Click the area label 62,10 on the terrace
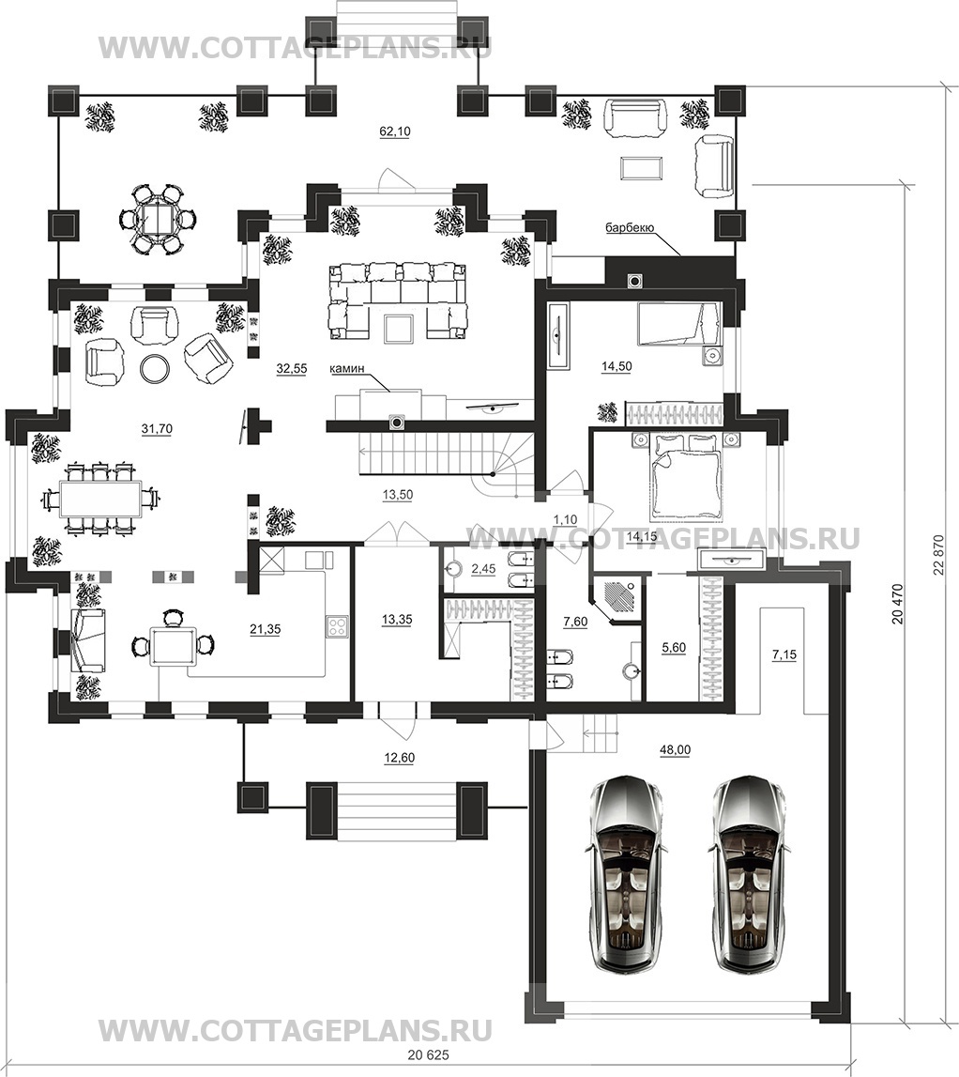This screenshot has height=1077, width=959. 394,131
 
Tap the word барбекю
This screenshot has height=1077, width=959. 630,227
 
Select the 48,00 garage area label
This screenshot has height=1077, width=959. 675,750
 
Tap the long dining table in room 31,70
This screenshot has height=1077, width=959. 100,498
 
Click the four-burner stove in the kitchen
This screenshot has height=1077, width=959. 337,625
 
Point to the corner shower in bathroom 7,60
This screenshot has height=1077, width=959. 617,599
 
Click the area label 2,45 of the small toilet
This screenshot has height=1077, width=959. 483,569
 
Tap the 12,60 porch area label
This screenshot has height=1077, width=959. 399,758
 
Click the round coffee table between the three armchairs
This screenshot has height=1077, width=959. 154,368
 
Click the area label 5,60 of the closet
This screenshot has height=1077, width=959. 674,648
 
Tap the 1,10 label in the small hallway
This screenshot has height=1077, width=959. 565,520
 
